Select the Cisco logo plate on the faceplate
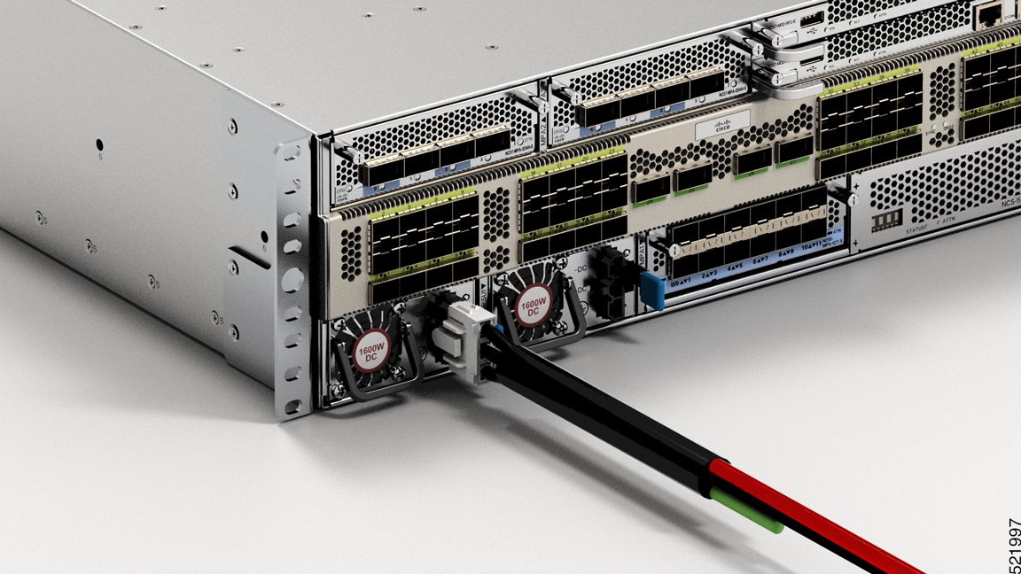click(x=722, y=127)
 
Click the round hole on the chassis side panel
click(x=99, y=144)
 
